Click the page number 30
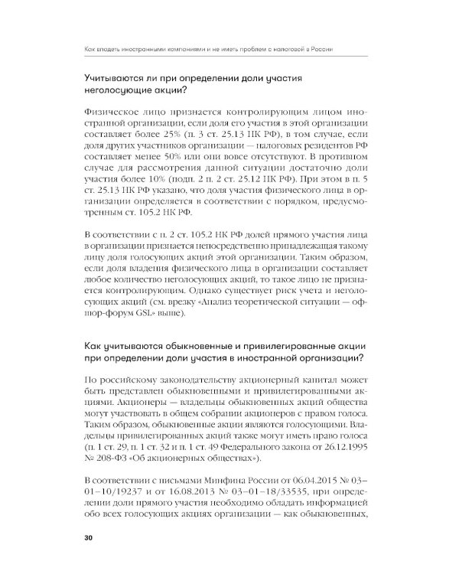click(x=89, y=538)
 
